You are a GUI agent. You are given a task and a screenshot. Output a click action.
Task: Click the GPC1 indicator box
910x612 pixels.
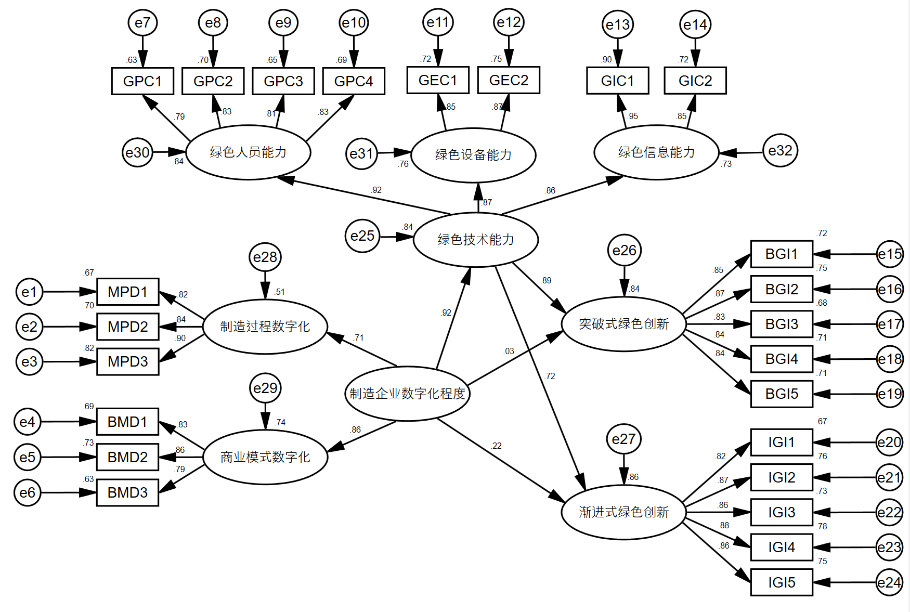pos(142,81)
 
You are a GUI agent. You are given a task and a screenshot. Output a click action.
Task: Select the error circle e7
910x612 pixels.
pos(142,22)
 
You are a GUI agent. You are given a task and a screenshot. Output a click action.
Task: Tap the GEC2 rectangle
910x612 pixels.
pos(509,80)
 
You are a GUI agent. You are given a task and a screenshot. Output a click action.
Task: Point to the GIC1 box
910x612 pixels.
pos(618,81)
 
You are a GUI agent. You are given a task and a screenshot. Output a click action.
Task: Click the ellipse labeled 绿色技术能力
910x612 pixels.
pos(476,240)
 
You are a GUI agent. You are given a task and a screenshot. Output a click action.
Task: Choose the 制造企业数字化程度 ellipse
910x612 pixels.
pos(407,394)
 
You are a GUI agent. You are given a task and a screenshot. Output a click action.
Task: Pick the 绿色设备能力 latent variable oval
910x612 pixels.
pos(473,155)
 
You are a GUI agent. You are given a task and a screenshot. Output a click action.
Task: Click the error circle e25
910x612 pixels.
pos(362,236)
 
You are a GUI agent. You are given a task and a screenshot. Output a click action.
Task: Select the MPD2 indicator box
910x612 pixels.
pos(128,327)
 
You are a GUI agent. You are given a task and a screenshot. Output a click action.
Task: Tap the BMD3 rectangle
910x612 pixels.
pos(127,492)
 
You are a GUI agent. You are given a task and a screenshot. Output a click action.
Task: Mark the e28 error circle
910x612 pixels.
pos(265,257)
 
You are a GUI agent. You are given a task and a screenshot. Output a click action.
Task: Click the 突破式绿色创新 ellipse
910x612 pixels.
pos(624,324)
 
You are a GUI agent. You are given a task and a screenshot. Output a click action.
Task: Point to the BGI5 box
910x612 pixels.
pos(782,394)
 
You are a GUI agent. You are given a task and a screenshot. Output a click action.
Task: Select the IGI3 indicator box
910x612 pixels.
pos(782,512)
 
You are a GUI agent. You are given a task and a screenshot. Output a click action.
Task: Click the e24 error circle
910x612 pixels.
pos(889,582)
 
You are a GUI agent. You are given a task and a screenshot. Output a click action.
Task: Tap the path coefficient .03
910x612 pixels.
pos(509,351)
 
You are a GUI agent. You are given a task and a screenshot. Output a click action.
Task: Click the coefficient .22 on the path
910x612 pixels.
pos(496,446)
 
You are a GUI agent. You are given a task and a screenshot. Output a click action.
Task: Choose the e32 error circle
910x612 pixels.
pos(780,151)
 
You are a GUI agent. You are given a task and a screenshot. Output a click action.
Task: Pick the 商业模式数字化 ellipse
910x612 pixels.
pos(265,457)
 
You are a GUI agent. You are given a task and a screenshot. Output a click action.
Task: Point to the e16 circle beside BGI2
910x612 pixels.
pos(890,289)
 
